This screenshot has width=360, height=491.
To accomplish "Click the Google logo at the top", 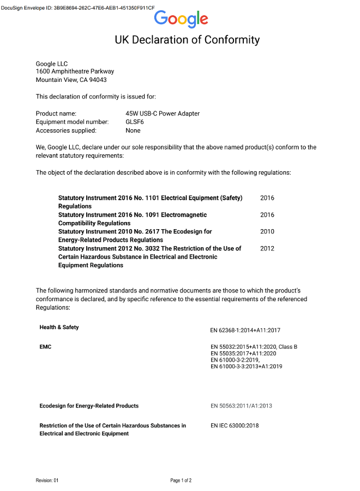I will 181,19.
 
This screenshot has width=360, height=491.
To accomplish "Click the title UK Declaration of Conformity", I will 187,40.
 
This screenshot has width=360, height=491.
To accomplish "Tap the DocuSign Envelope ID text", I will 77,8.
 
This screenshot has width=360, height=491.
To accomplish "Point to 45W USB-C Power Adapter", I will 163,113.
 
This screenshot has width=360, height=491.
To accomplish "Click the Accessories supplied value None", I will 133,130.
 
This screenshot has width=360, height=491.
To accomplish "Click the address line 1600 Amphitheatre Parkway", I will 75,71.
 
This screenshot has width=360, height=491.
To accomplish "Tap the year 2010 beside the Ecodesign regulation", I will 267,231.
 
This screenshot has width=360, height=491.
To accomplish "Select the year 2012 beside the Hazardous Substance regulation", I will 267,248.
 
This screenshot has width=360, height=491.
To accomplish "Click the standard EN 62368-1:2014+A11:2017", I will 245,330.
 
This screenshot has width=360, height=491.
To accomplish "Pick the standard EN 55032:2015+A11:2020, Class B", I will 254,346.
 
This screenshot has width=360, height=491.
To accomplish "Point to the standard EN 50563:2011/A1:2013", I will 241,406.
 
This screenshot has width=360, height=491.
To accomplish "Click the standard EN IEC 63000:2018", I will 235,426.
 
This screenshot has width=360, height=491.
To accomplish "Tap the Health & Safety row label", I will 59,327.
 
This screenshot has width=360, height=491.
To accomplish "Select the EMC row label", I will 45,346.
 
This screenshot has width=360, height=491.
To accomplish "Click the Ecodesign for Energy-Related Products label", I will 89,406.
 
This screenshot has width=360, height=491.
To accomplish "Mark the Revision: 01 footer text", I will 47,481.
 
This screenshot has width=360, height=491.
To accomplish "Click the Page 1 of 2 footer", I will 181,481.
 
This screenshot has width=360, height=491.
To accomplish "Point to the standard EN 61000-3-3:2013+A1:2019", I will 246,367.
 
